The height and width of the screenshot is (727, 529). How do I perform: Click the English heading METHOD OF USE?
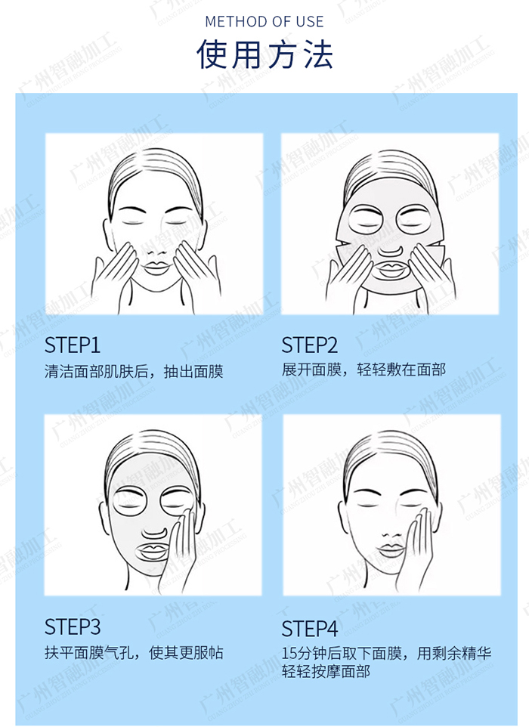[x=264, y=21]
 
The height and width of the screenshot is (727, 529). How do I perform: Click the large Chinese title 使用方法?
[x=264, y=54]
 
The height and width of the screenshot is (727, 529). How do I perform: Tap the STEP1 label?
[x=73, y=345]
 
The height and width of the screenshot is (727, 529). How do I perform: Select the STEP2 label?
[x=310, y=345]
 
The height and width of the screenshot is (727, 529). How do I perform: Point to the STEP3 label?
[x=73, y=626]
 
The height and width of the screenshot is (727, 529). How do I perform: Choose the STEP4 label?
[x=310, y=629]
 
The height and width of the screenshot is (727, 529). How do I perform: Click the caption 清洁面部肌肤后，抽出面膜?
[x=134, y=371]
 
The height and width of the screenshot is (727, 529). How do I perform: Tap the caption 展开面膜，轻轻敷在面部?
[x=364, y=370]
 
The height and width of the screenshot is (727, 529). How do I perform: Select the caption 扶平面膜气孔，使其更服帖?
[x=134, y=653]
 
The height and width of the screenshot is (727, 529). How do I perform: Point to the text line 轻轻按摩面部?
[x=326, y=671]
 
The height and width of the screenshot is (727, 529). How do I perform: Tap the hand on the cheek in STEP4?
[x=418, y=549]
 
